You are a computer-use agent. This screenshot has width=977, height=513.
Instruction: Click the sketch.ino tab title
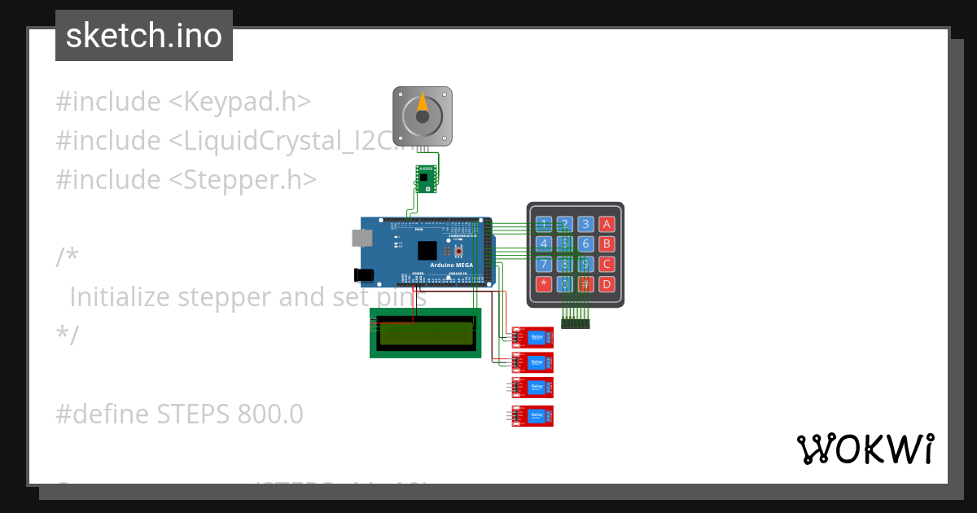(x=144, y=36)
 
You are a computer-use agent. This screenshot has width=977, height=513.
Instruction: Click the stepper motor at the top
(x=422, y=115)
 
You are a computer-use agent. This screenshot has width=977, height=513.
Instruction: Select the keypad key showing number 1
(x=543, y=224)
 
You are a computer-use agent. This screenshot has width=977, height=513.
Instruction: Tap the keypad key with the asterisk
(x=543, y=284)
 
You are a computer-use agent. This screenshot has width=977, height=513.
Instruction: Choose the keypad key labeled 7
(x=543, y=264)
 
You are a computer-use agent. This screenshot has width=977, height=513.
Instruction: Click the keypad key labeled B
(x=606, y=243)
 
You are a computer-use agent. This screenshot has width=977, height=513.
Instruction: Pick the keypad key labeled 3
(x=585, y=224)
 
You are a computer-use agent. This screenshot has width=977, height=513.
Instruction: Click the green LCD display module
(x=424, y=332)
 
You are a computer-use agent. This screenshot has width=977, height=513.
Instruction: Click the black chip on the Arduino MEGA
(x=427, y=251)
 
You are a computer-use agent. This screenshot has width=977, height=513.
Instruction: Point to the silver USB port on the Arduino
(x=361, y=238)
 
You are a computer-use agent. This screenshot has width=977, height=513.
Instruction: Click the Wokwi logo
(x=865, y=449)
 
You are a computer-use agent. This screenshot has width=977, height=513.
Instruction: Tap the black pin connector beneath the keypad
(x=575, y=324)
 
